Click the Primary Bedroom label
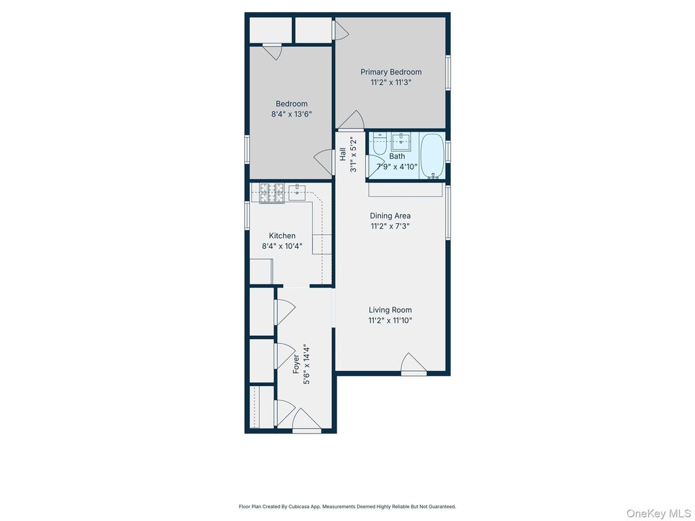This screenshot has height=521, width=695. point(390,72)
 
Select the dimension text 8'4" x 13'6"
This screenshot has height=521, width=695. point(290,115)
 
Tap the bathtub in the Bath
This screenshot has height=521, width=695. point(432,155)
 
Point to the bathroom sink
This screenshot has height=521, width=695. point(402,141)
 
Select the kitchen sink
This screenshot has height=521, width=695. point(297,191)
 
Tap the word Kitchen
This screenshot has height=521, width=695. point(282,236)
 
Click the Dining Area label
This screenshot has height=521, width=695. point(390,216)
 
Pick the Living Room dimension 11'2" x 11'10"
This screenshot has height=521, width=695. point(390,320)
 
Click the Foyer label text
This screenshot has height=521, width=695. point(297,364)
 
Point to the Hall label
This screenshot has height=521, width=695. point(343,155)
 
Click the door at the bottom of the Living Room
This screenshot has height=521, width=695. point(413,364)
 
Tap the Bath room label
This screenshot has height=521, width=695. point(397,157)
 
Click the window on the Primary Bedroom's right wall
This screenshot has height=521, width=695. point(448,72)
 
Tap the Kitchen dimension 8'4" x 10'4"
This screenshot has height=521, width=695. point(282,246)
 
